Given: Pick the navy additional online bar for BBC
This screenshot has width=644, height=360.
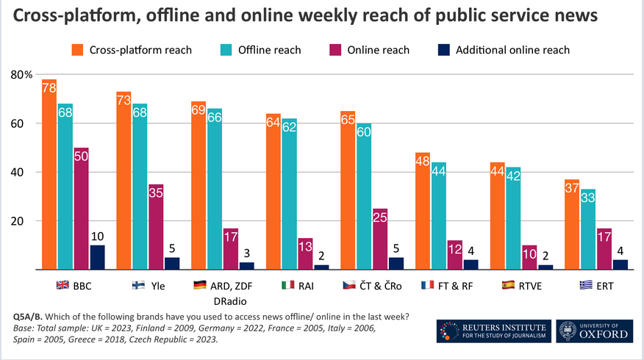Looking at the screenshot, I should tap(97, 257).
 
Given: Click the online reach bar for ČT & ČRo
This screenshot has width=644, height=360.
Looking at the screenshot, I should tap(380, 239).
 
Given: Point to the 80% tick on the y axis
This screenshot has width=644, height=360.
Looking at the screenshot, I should tap(21, 75).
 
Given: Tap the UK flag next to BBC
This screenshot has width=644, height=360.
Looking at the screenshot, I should tap(62, 284).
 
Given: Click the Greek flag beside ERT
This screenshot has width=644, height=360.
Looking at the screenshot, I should tap(585, 284).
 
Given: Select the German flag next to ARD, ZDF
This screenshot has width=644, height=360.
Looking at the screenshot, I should tap(199, 284).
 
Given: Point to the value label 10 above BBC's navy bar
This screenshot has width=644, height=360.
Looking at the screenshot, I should tap(97, 235).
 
